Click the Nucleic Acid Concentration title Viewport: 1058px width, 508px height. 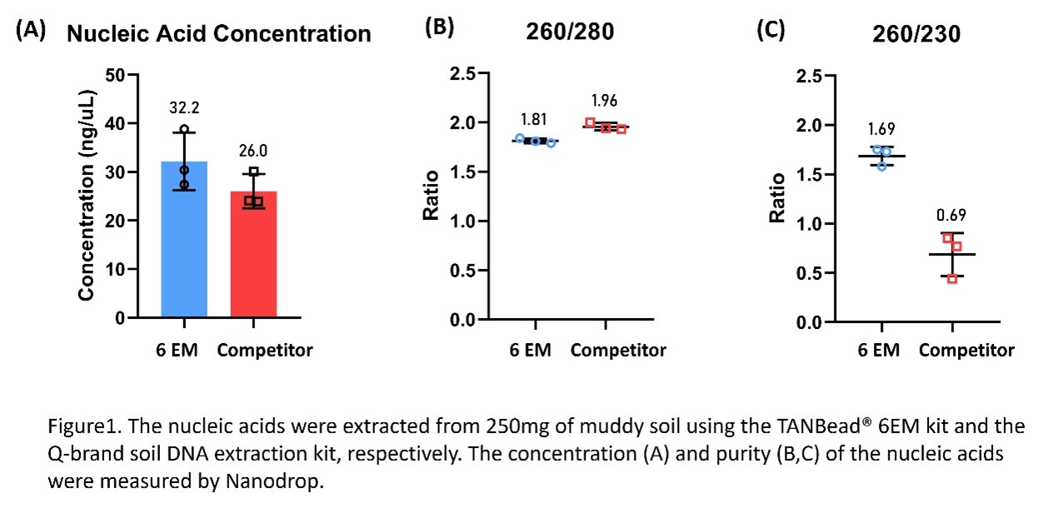click(x=218, y=34)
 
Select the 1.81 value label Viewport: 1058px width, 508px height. click(x=535, y=122)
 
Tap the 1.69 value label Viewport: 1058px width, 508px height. click(x=881, y=130)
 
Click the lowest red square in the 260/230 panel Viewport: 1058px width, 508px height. click(x=952, y=278)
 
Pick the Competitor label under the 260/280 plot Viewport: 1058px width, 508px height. click(x=618, y=350)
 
